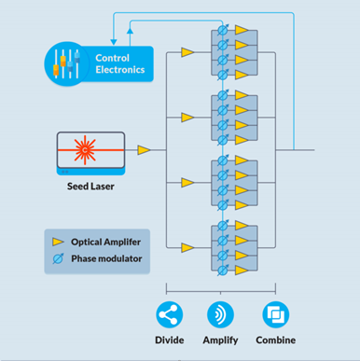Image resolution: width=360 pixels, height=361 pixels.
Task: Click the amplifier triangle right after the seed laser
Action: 144,149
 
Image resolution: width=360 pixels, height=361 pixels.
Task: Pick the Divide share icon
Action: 171,312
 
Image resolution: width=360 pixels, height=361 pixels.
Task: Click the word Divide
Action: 171,340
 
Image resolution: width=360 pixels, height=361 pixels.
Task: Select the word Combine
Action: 276,340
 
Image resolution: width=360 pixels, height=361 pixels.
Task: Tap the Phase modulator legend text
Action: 112,258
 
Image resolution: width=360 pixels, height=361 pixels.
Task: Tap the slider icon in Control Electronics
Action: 64,64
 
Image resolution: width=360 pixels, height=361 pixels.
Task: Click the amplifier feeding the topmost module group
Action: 187,53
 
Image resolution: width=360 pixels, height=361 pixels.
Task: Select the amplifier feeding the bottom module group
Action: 187,245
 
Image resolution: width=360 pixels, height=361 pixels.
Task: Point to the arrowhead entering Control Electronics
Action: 113,40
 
